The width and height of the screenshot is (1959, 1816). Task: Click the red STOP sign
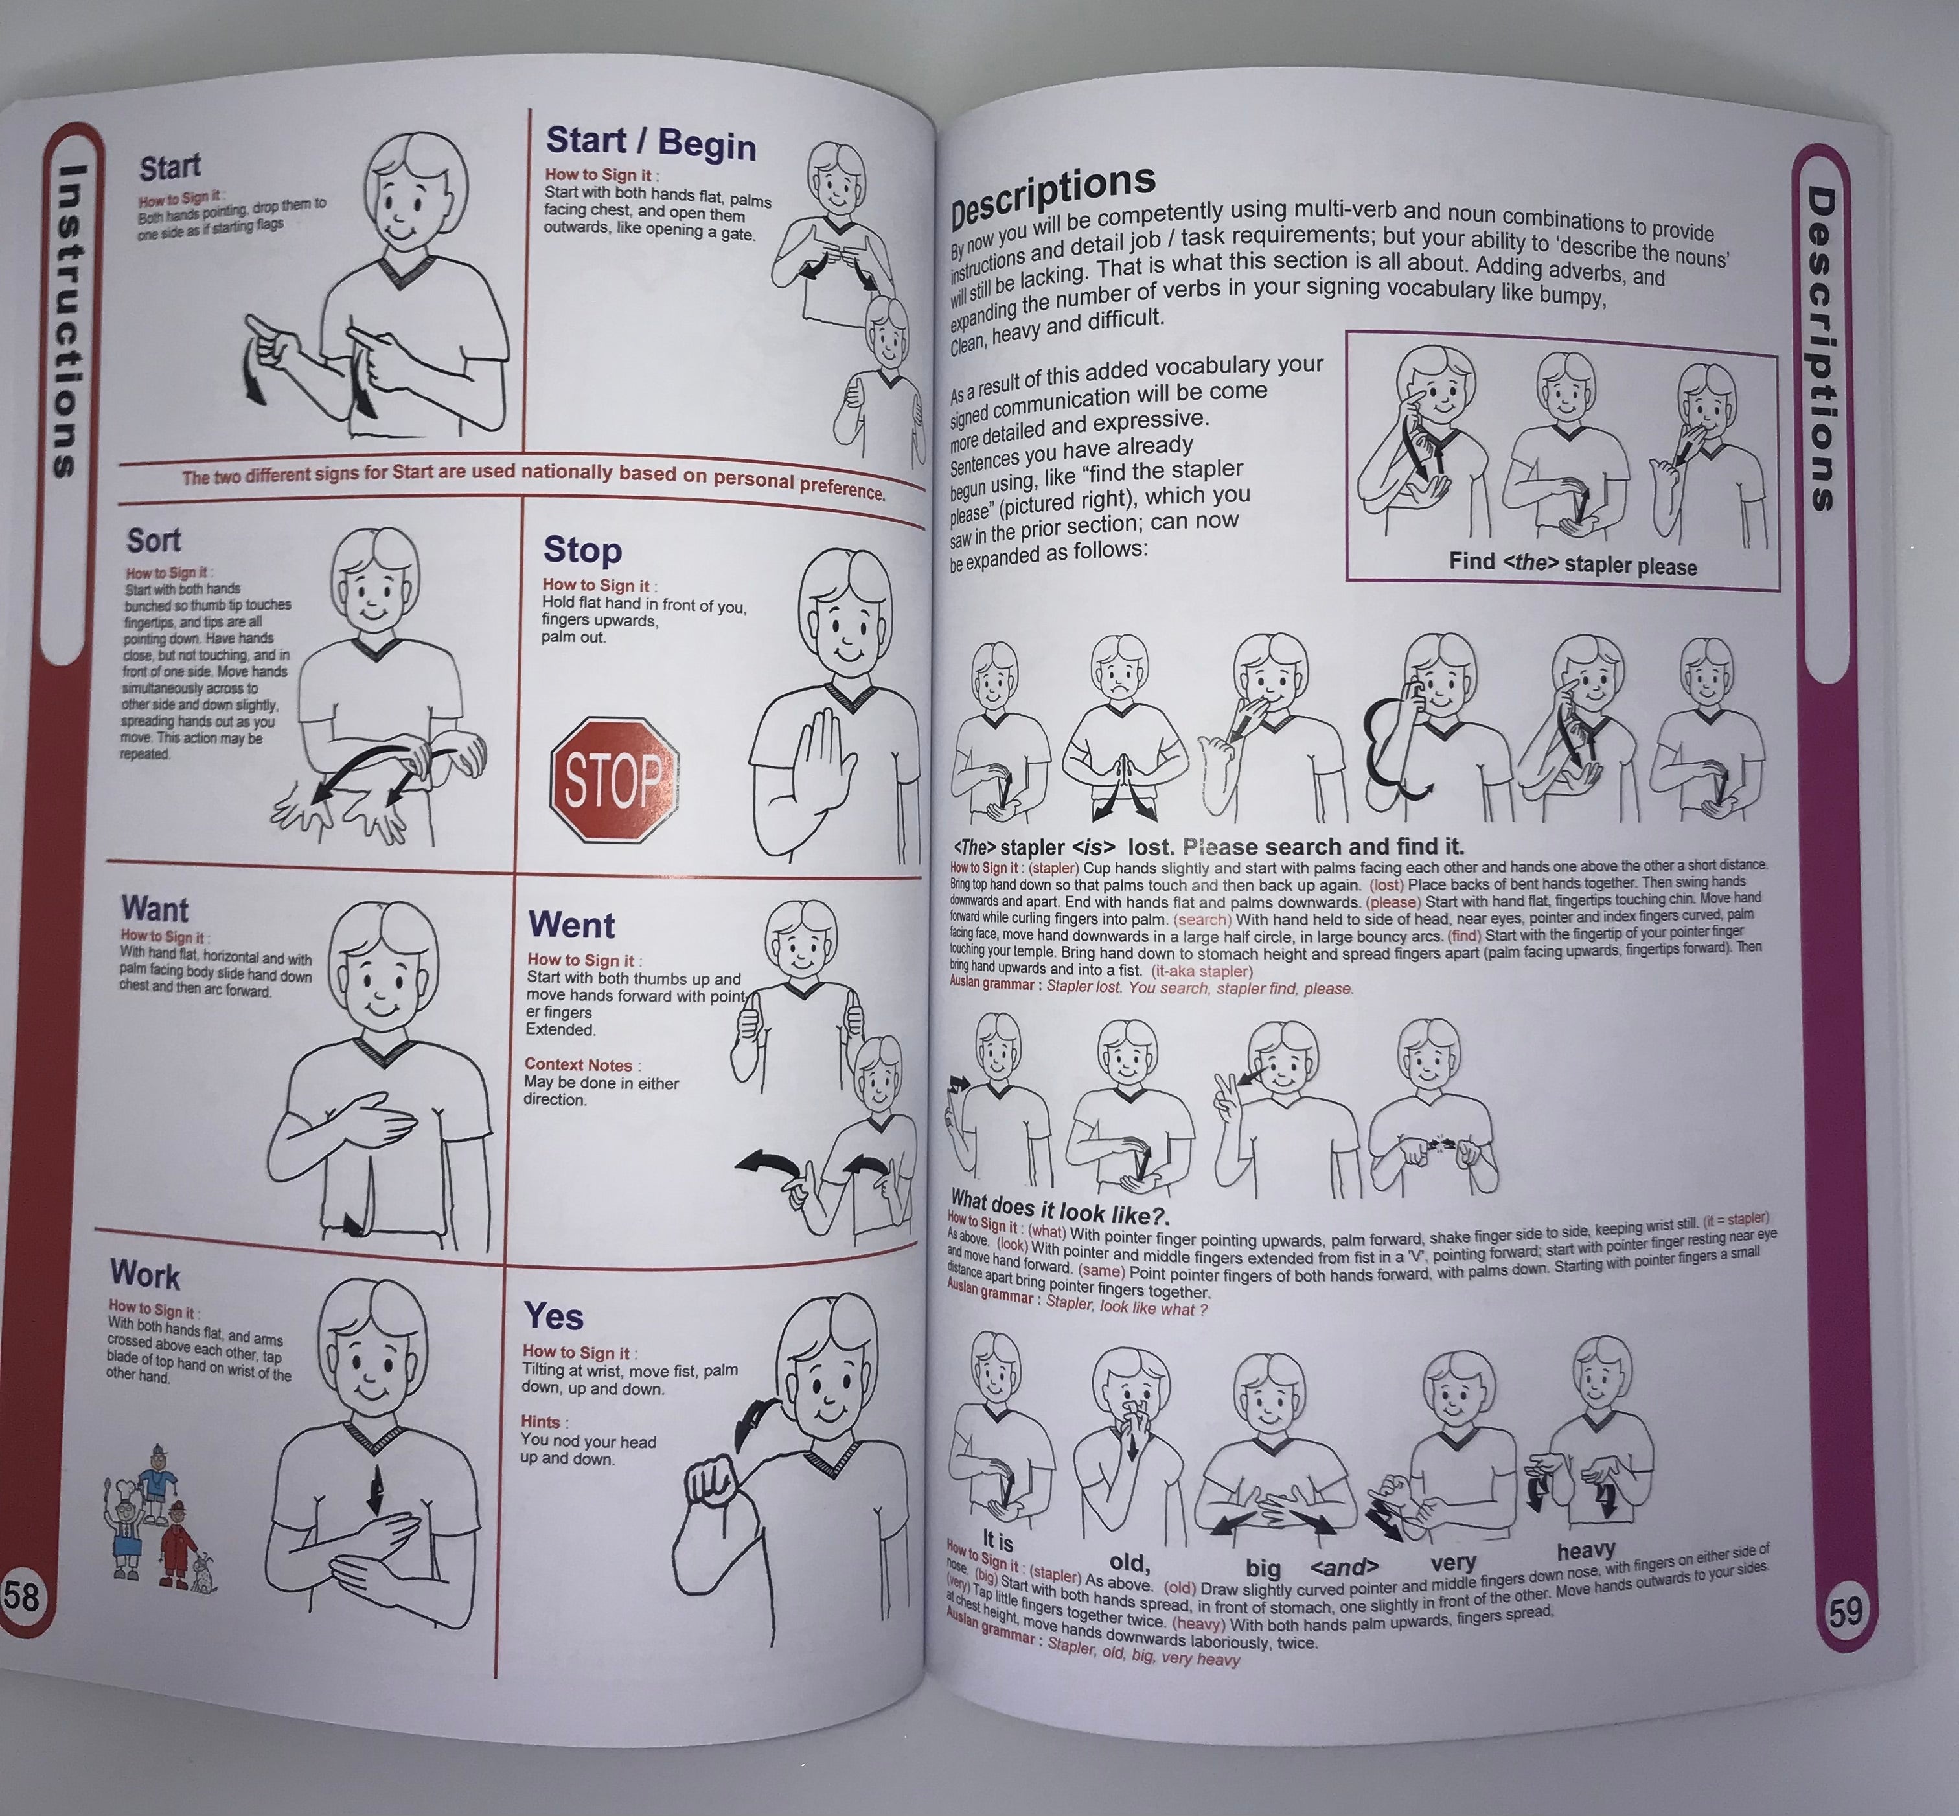coord(615,779)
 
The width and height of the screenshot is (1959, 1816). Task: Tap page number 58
coord(21,1596)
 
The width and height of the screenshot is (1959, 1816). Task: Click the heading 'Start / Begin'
coord(650,143)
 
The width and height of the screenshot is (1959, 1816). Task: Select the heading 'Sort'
coord(154,540)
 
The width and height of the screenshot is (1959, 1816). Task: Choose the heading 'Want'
coord(154,908)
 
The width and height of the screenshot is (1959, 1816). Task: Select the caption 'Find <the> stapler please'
coord(1572,565)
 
